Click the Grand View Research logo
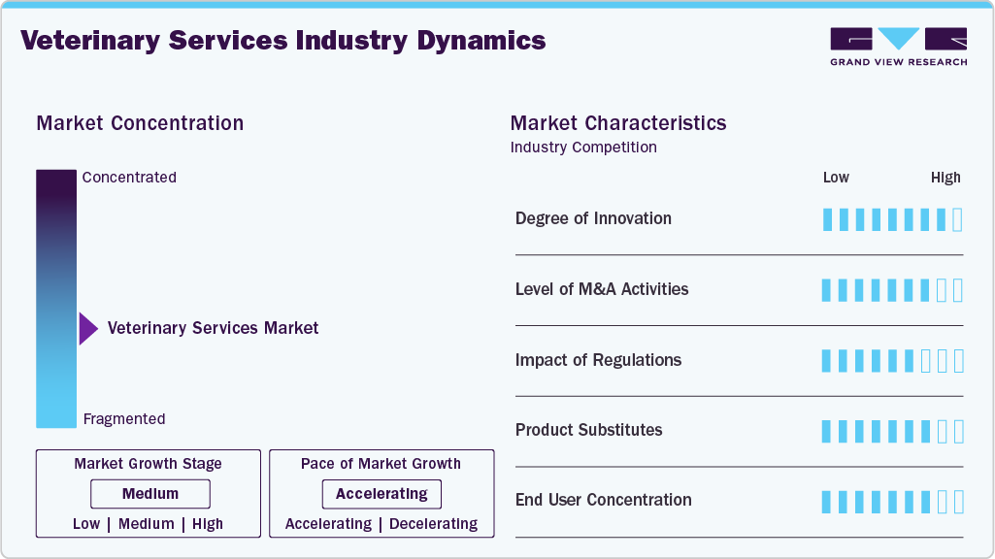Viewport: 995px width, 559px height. pyautogui.click(x=898, y=47)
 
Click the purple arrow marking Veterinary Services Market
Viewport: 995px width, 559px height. pyautogui.click(x=88, y=329)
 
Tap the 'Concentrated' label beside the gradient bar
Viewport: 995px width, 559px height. pyautogui.click(x=129, y=178)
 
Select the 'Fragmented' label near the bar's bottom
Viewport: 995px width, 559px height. pyautogui.click(x=124, y=419)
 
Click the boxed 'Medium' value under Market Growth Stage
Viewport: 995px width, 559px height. pyautogui.click(x=150, y=494)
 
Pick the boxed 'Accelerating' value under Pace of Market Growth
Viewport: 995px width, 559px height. pyautogui.click(x=381, y=494)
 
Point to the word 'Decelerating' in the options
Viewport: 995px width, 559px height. pyautogui.click(x=433, y=524)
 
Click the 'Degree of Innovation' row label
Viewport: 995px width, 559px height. pyautogui.click(x=593, y=218)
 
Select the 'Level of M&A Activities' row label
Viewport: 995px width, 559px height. pyautogui.click(x=602, y=289)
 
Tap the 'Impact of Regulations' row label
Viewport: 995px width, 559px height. pyautogui.click(x=598, y=360)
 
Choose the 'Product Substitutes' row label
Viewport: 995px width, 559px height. pyautogui.click(x=588, y=430)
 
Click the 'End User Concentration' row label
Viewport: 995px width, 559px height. pyautogui.click(x=603, y=500)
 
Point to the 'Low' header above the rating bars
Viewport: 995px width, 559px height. pyautogui.click(x=836, y=178)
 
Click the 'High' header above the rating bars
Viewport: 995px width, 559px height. pyautogui.click(x=945, y=178)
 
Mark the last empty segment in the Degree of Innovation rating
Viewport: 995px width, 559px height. pyautogui.click(x=958, y=219)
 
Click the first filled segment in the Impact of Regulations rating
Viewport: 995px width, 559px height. pyautogui.click(x=827, y=361)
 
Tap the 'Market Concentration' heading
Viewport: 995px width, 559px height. pyautogui.click(x=140, y=123)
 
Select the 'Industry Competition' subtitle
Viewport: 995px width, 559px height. pyautogui.click(x=583, y=148)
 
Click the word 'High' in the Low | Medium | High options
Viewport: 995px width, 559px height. pyautogui.click(x=208, y=524)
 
